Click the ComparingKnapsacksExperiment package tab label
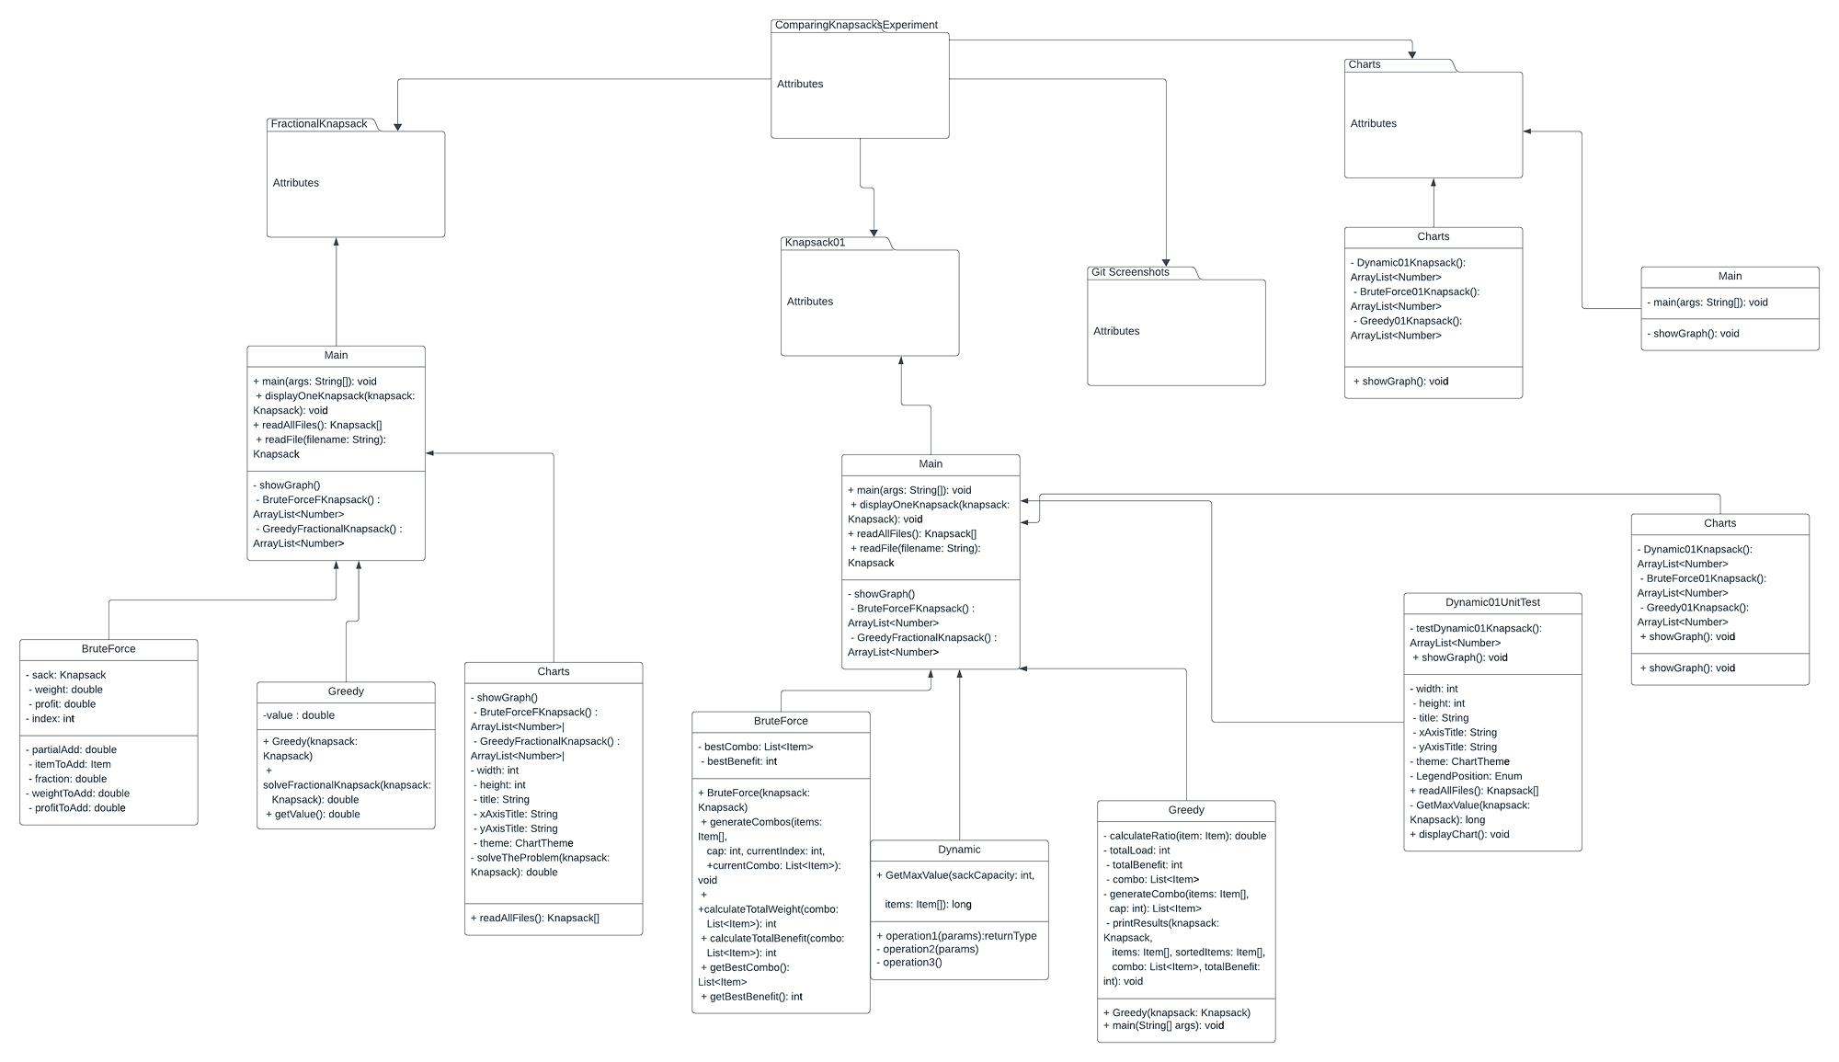point(855,25)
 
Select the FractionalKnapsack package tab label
point(318,123)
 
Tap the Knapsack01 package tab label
point(815,243)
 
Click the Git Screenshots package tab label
point(1130,272)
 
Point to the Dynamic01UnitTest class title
point(1491,602)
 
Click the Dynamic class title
point(959,850)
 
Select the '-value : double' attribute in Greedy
point(299,715)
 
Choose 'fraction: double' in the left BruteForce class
point(70,779)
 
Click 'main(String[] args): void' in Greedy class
point(1166,1025)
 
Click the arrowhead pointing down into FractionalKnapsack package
point(397,127)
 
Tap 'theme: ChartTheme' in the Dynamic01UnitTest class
point(1461,761)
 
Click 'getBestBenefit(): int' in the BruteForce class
point(753,997)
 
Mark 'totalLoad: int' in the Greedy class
point(1139,851)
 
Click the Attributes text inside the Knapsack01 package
point(809,302)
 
